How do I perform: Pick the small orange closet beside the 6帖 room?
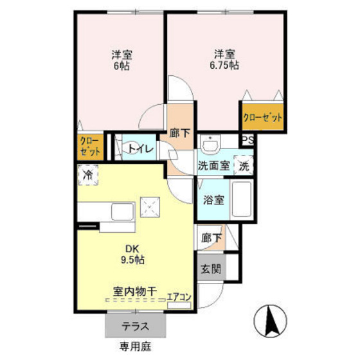click(90, 146)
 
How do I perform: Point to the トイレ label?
click(141, 149)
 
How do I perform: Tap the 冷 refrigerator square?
click(88, 174)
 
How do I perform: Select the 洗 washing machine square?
click(244, 165)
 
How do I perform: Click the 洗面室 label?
click(213, 165)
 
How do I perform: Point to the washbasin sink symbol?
click(210, 143)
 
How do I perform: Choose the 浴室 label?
click(214, 199)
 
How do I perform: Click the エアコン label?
click(179, 297)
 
